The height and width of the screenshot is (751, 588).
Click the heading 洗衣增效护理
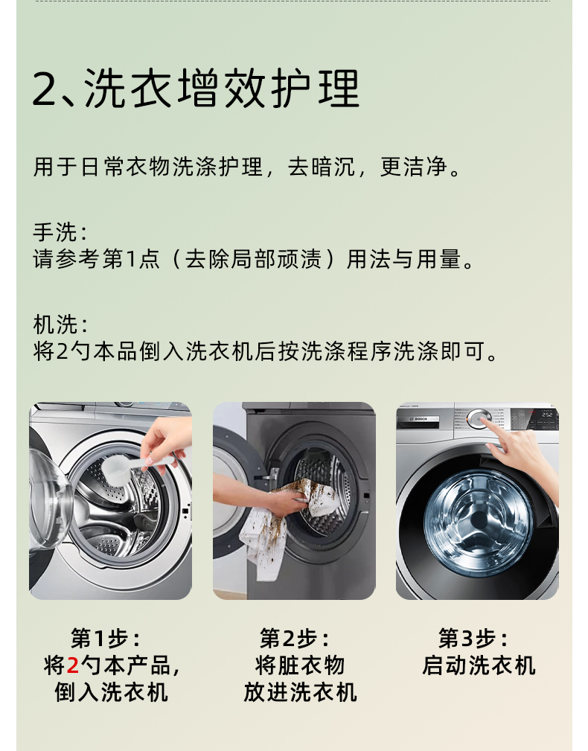pyautogui.click(x=221, y=90)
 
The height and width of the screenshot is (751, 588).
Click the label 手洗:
pyautogui.click(x=60, y=232)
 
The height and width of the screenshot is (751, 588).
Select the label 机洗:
pyautogui.click(x=60, y=325)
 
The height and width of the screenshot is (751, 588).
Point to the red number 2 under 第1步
pyautogui.click(x=73, y=665)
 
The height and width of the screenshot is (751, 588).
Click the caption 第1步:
pyautogui.click(x=106, y=638)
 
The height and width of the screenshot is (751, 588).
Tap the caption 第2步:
pyautogui.click(x=295, y=638)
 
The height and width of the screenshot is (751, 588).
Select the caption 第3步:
pyautogui.click(x=473, y=638)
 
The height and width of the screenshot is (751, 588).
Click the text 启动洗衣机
pyautogui.click(x=479, y=665)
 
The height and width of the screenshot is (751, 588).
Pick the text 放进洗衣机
pyautogui.click(x=300, y=691)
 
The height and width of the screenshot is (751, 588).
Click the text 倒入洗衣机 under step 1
pyautogui.click(x=111, y=691)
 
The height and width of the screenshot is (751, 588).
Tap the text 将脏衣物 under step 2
pyautogui.click(x=300, y=665)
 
